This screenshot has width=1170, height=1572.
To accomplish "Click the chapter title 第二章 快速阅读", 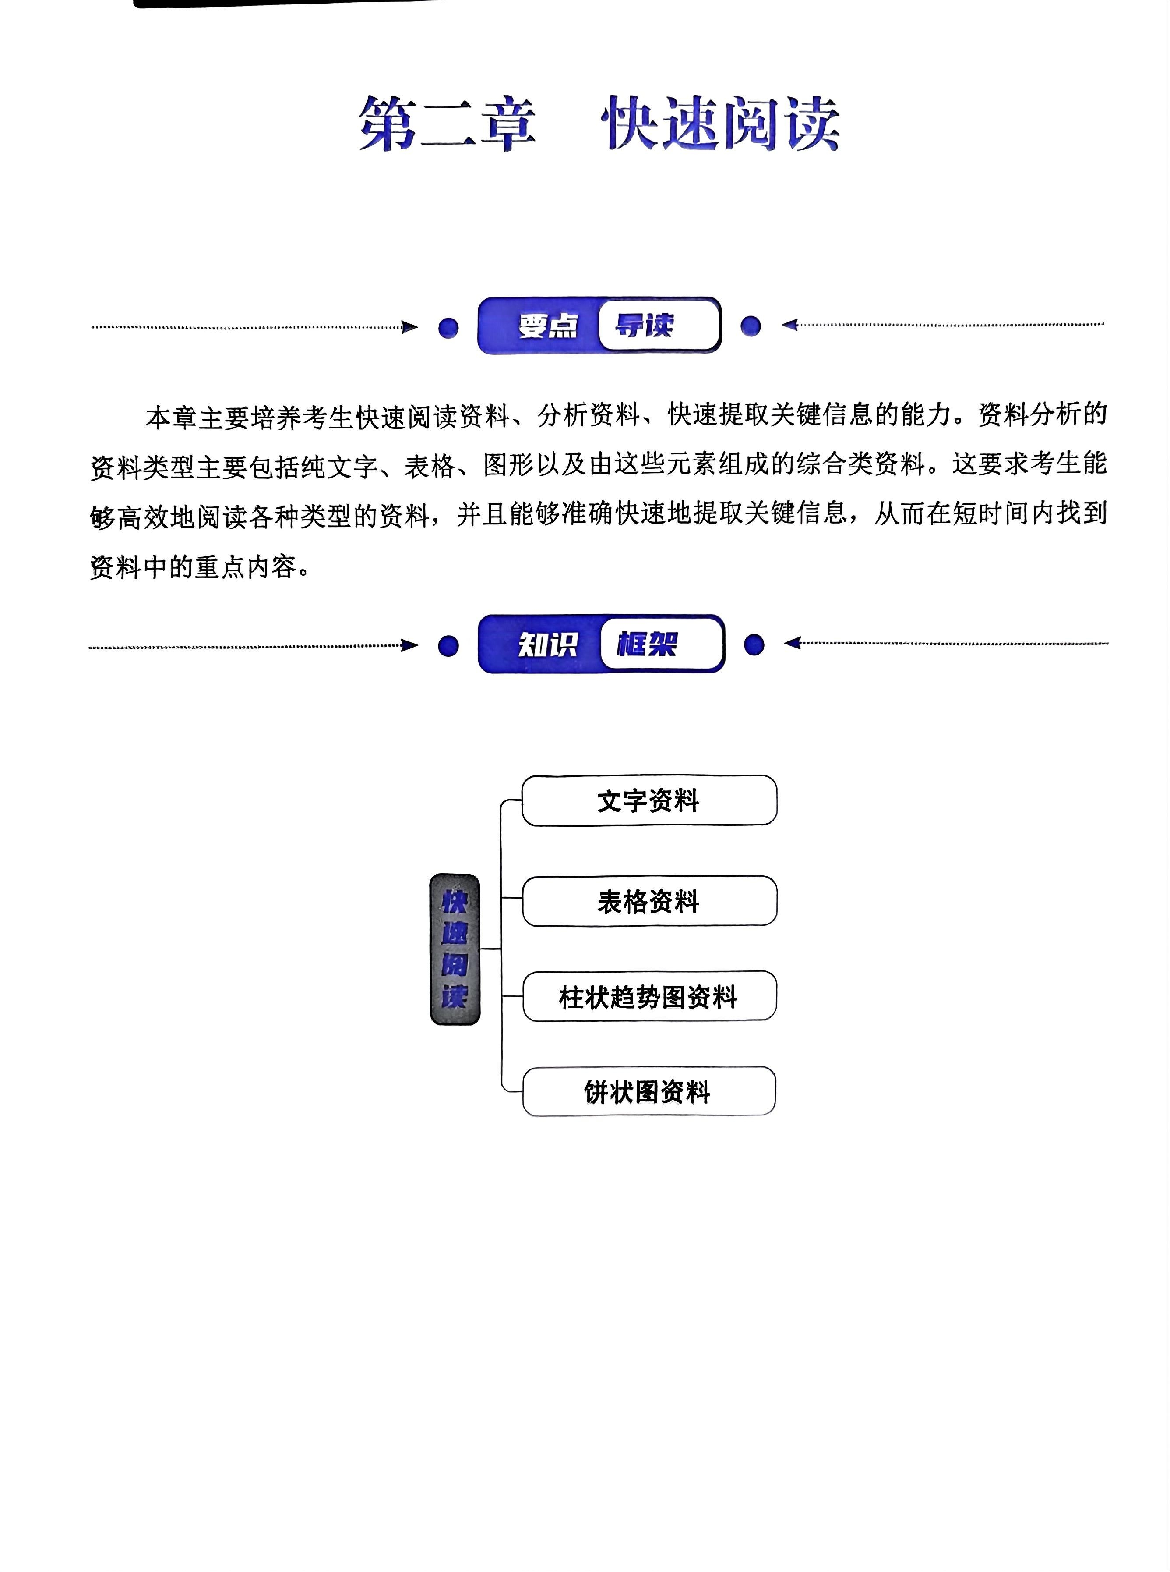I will [599, 124].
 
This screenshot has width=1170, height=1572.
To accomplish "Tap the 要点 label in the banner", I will [547, 326].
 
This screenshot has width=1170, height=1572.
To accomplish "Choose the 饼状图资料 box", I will [648, 1092].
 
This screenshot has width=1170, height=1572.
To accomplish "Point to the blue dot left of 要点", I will [448, 328].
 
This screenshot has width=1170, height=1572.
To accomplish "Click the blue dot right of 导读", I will [751, 326].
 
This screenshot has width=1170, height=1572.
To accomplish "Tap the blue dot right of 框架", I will [754, 644].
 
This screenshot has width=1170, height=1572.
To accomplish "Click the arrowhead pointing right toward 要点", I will [410, 327].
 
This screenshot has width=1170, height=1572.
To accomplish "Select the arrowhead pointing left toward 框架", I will [792, 643].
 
